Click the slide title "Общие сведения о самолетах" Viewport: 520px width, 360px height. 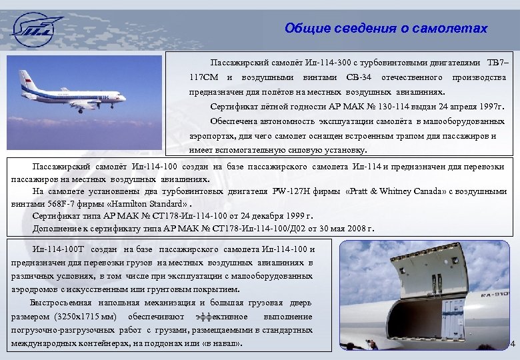point(386,29)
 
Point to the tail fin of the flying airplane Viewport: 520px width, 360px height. point(27,78)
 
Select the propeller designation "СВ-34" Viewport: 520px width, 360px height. point(359,78)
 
